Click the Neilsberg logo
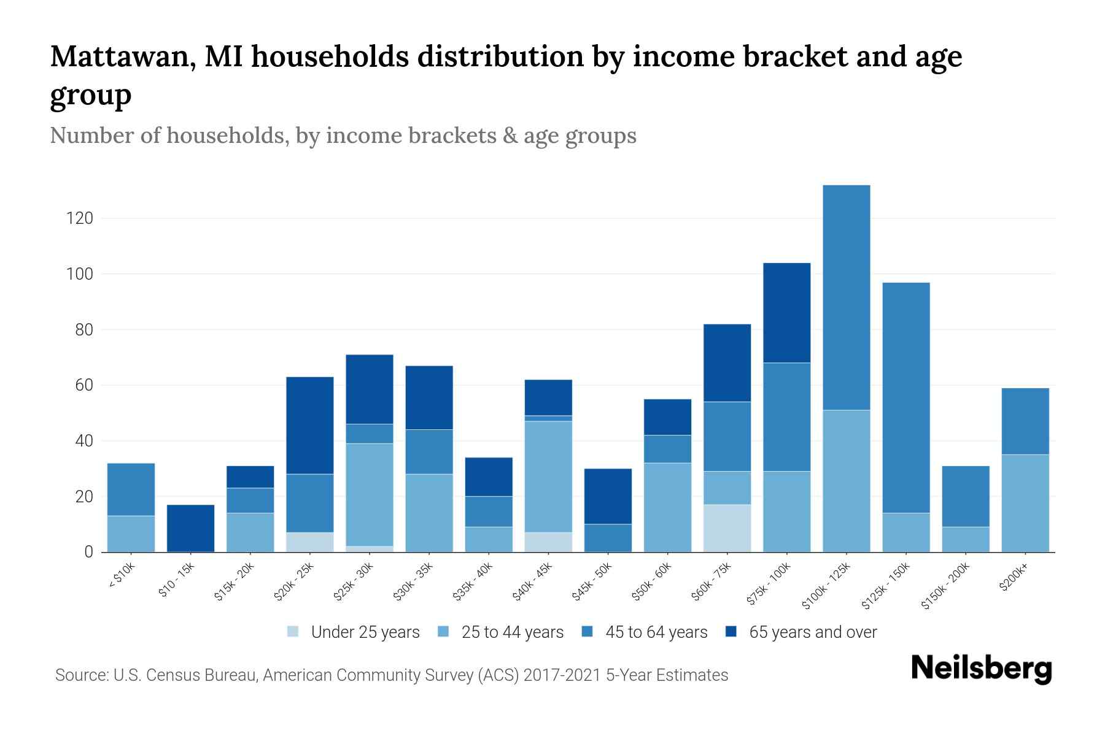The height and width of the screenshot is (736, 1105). pos(981,669)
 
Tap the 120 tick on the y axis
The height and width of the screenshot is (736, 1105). pos(80,218)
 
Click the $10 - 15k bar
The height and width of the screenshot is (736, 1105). pos(190,528)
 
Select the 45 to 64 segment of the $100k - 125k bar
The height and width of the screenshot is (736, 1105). pos(846,297)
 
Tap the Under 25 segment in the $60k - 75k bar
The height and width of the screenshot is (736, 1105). pos(727,528)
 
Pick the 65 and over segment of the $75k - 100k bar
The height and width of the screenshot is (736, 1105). pos(786,313)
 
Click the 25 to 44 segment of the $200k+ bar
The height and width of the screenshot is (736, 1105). pos(1025,503)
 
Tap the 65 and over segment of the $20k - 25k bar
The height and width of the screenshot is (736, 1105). pos(309,425)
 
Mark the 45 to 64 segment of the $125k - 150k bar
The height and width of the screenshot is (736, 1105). pos(905,397)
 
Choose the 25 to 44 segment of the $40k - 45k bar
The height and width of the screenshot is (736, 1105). pos(548,477)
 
